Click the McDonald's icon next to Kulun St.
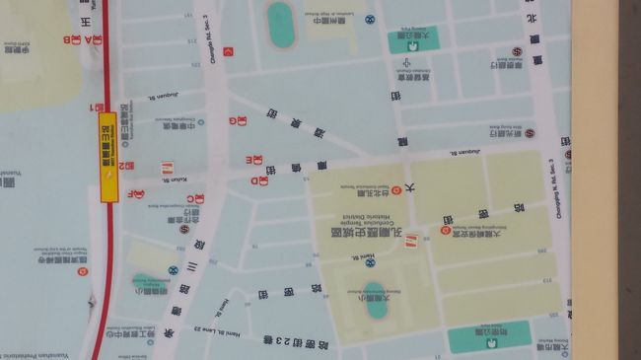pyautogui.click(x=168, y=169)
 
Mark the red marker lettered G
pyautogui.click(x=233, y=120)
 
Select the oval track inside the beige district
pyautogui.click(x=374, y=305)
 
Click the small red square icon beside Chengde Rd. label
pyautogui.click(x=230, y=52)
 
